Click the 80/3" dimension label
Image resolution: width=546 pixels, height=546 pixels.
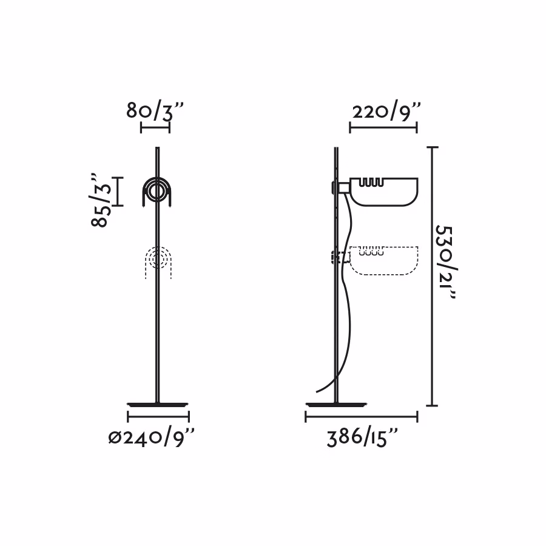[154, 111]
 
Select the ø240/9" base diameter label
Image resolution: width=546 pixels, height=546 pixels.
[151, 437]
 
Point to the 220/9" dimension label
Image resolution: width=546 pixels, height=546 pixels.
[386, 112]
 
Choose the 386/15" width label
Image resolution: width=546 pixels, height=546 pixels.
[362, 437]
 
